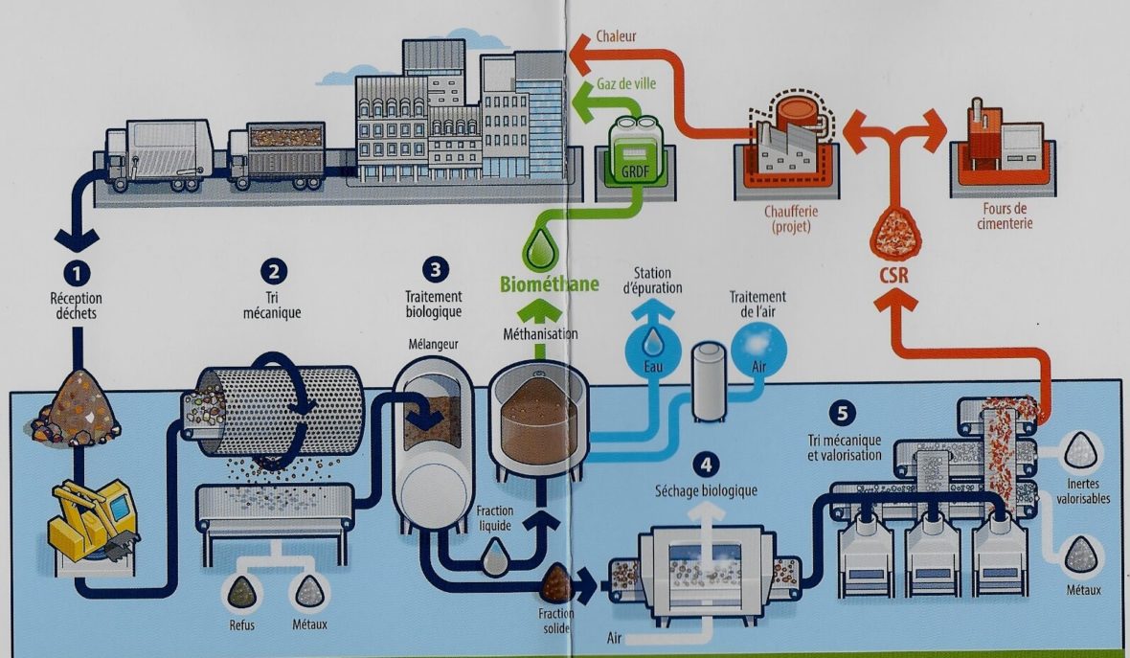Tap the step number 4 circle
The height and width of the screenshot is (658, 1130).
(706, 465)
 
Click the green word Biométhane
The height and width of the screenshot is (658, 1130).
(550, 284)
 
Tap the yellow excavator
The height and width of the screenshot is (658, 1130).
(92, 518)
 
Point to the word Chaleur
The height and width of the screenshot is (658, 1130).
(616, 36)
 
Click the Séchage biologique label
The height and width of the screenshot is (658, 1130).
(707, 490)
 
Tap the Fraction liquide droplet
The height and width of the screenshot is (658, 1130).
(496, 557)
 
